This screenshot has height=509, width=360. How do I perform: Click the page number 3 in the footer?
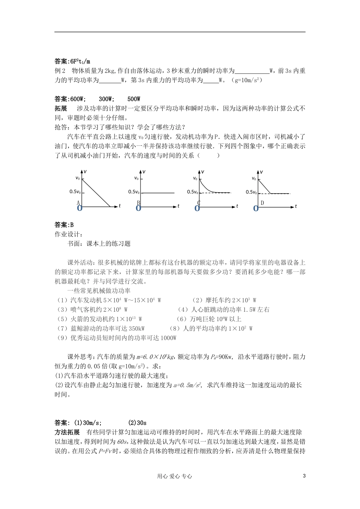pos(304,476)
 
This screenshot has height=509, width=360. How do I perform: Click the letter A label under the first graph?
pos(78,203)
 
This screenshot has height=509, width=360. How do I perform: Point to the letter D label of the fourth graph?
pos(262,203)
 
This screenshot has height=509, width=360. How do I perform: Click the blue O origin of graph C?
pos(197,208)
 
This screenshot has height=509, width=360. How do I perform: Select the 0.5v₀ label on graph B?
pos(134,192)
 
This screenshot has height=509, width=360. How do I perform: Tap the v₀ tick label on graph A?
pos(78,178)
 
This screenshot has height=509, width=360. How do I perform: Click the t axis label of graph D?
pos(296,206)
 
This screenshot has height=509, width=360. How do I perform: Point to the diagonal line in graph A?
pos(97,192)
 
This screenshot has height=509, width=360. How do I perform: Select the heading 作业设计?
pos(68,234)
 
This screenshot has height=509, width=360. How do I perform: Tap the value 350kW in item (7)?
pos(137,328)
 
